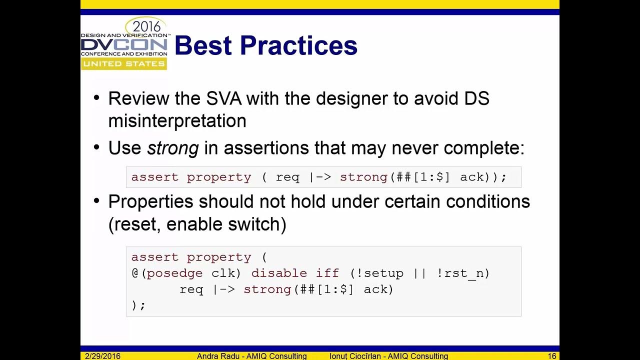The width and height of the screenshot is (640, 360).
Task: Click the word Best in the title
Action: pyautogui.click(x=203, y=45)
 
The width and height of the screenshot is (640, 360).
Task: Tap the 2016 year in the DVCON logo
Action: pyautogui.click(x=146, y=26)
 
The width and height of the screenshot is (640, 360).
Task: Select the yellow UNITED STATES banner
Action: pyautogui.click(x=123, y=64)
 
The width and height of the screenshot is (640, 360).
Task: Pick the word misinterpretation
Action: pyautogui.click(x=177, y=120)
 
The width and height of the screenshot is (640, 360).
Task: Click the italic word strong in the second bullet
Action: pyautogui.click(x=172, y=148)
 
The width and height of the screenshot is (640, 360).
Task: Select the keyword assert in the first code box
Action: pyautogui.click(x=154, y=177)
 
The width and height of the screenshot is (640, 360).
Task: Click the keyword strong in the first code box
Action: pyautogui.click(x=363, y=177)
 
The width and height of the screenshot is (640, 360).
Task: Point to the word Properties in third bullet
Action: pyautogui.click(x=150, y=201)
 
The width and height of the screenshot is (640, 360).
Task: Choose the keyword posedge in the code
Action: pyautogui.click(x=174, y=273)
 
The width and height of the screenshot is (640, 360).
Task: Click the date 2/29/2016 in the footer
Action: pyautogui.click(x=102, y=356)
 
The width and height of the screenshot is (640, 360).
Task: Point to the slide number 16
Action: pyautogui.click(x=552, y=356)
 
